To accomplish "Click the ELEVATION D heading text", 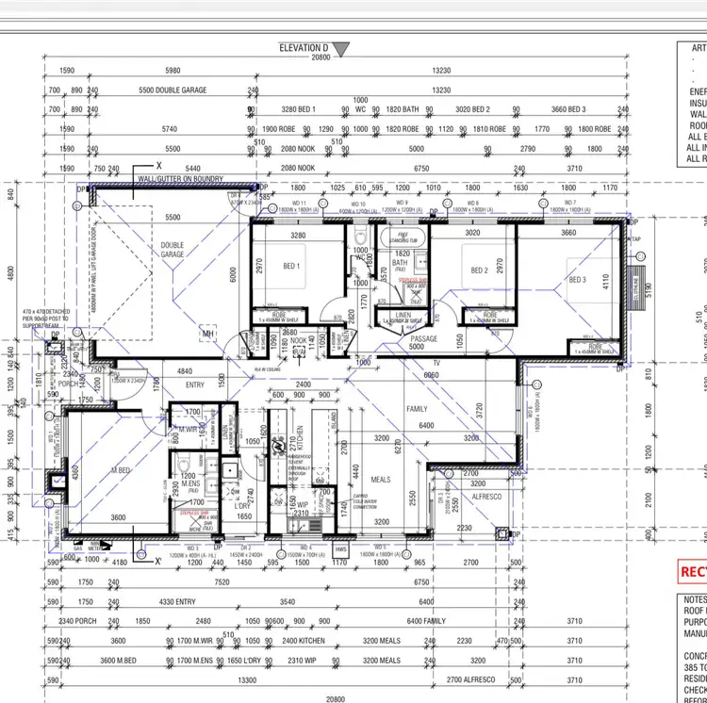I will pyautogui.click(x=304, y=47).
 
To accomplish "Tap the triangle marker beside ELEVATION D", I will pyautogui.click(x=340, y=48).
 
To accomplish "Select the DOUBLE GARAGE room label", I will pyautogui.click(x=172, y=250).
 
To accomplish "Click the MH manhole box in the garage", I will pyautogui.click(x=208, y=333).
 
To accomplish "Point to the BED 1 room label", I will pyautogui.click(x=291, y=266).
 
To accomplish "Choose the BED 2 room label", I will pyautogui.click(x=479, y=270).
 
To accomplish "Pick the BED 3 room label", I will pyautogui.click(x=578, y=279).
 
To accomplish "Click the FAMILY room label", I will pyautogui.click(x=417, y=410).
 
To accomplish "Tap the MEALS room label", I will pyautogui.click(x=380, y=479).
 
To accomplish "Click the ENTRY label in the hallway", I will pyautogui.click(x=194, y=384).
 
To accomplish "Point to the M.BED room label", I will pyautogui.click(x=121, y=469).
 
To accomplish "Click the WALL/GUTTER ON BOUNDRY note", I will pyautogui.click(x=179, y=176).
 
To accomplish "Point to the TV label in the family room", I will pyautogui.click(x=436, y=362).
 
